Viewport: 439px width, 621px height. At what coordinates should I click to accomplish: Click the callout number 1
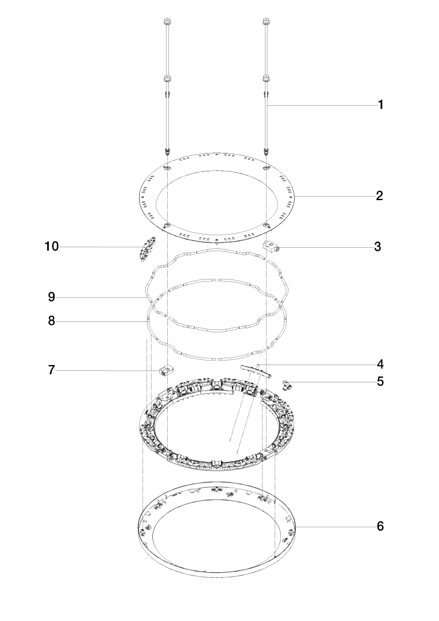point(380,105)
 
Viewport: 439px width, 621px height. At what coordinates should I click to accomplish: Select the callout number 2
point(380,195)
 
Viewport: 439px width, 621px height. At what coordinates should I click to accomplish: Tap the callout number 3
point(378,246)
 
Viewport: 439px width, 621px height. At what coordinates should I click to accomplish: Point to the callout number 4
point(380,364)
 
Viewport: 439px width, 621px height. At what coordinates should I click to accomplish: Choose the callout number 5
point(380,381)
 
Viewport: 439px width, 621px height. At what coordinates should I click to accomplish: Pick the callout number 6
point(380,526)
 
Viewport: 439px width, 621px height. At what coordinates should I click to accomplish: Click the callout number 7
point(52,370)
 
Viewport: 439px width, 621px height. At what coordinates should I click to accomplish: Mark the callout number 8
point(52,321)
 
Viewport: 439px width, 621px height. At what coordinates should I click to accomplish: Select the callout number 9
point(52,297)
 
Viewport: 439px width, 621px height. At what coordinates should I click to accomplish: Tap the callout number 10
point(52,246)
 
